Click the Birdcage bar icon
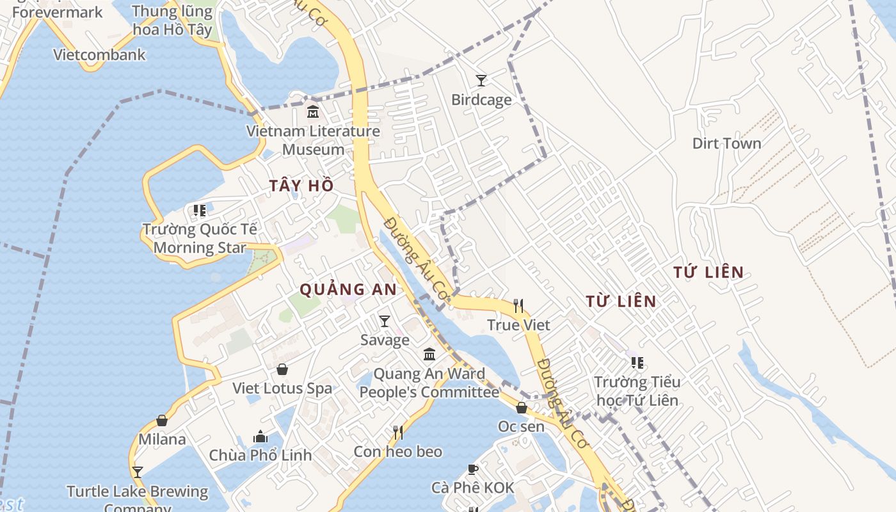481,80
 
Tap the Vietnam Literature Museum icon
313,111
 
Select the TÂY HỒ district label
301,186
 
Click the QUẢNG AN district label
348,289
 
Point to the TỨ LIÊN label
708,272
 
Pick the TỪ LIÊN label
621,301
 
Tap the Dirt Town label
726,143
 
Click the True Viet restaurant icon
518,306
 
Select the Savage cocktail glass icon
384,321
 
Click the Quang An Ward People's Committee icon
429,354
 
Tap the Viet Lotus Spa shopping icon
282,369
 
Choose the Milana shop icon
162,420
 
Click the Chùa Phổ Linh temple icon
260,436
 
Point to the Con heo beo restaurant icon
398,433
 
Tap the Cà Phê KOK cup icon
472,469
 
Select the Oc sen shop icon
522,408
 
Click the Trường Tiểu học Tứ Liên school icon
637,363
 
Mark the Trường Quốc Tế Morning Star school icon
200,210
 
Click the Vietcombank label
99,54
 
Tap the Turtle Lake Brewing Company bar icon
138,472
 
